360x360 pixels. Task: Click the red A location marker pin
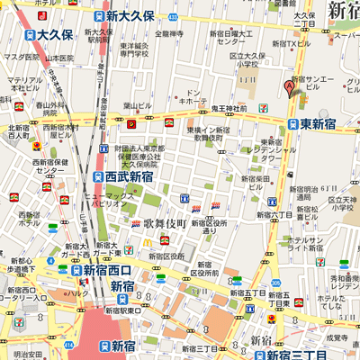[x=291, y=87]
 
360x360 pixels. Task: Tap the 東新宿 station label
[x=317, y=123]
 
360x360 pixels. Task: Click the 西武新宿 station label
[x=128, y=176]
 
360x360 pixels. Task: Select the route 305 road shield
[x=274, y=282]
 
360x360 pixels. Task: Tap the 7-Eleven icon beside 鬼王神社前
[x=262, y=108]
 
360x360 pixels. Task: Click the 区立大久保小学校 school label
[x=240, y=59]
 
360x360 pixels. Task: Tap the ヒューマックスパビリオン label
[x=108, y=199]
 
